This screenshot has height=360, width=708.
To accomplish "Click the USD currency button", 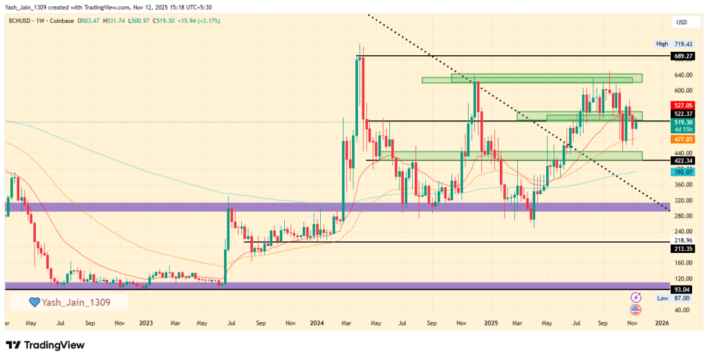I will pyautogui.click(x=682, y=21).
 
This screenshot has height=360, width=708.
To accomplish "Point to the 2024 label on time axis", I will pyautogui.click(x=317, y=323).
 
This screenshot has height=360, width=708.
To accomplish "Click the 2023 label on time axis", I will pyautogui.click(x=145, y=323).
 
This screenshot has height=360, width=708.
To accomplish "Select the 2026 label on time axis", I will pyautogui.click(x=662, y=323).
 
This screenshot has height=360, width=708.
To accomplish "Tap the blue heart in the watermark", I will pyautogui.click(x=33, y=302).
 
